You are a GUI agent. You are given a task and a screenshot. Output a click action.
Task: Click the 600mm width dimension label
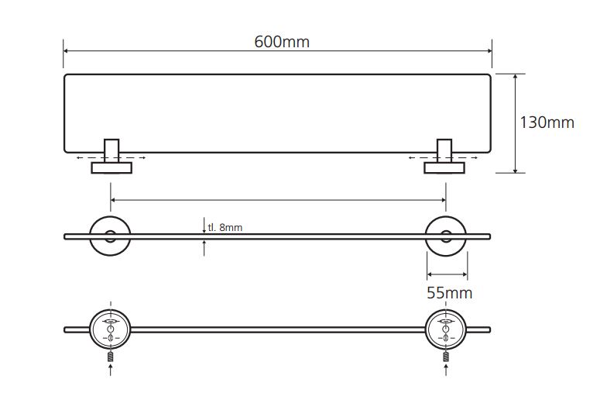tap(282, 42)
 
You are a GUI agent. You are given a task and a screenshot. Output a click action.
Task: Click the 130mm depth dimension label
tap(547, 122)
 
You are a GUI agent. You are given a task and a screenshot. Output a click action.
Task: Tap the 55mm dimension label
tap(449, 293)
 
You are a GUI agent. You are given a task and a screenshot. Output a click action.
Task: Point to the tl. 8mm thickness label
tap(225, 227)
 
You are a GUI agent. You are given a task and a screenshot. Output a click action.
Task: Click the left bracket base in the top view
tap(111, 167)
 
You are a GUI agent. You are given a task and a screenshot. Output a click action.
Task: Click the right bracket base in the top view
tap(444, 167)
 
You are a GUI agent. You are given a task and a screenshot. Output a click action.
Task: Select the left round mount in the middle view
tap(110, 236)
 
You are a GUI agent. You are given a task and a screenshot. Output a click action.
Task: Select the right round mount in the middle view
tap(446, 236)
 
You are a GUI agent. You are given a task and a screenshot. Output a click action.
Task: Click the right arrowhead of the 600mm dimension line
tap(489, 51)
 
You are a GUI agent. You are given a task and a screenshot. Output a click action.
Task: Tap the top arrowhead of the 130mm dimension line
tap(516, 77)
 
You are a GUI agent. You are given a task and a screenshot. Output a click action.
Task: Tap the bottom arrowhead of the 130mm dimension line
tap(516, 170)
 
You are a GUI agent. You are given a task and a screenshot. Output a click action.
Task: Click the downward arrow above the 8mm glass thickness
tap(204, 226)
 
